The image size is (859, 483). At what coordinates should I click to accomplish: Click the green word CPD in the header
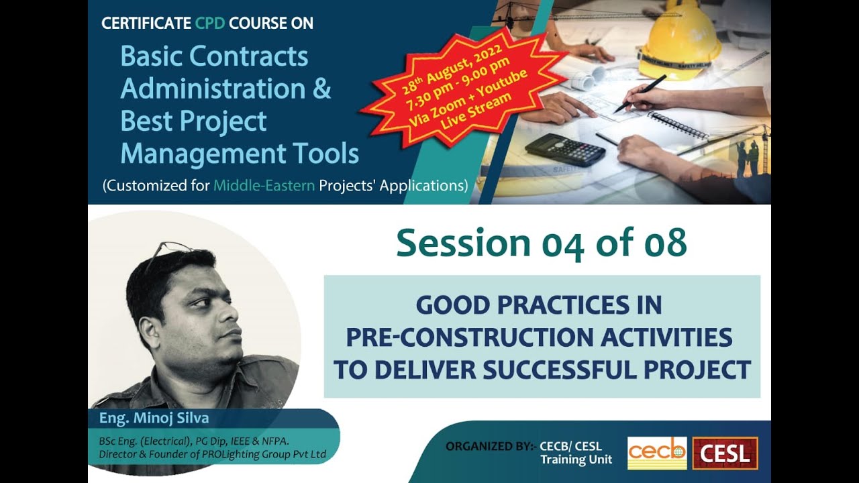210,24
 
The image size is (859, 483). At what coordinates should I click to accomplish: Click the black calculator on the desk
565,149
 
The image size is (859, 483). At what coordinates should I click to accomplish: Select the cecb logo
657,453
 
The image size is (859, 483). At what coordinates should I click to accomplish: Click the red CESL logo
725,453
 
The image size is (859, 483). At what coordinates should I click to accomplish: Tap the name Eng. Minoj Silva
154,419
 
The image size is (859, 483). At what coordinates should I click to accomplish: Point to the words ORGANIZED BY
489,447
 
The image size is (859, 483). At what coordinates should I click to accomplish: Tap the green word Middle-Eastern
264,186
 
